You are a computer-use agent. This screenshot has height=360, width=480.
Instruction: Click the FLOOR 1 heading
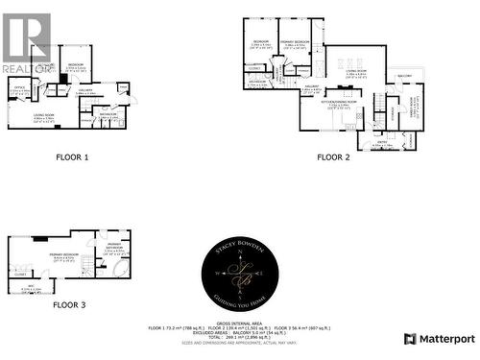click(x=73, y=156)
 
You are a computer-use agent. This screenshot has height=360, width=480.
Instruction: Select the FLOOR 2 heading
click(x=333, y=156)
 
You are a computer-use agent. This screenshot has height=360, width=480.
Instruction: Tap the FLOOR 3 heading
click(x=70, y=304)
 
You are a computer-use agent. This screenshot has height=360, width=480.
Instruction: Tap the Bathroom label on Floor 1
click(x=108, y=114)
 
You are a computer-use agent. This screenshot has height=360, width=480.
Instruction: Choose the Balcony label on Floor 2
click(x=404, y=77)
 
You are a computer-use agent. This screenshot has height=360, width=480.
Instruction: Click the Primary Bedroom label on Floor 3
click(x=64, y=254)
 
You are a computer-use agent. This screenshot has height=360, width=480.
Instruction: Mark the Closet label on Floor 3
click(x=20, y=274)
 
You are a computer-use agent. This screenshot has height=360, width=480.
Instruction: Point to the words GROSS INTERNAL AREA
click(x=240, y=322)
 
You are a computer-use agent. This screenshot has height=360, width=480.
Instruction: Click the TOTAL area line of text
click(x=239, y=337)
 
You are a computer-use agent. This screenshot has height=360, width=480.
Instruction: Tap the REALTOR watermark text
click(x=26, y=68)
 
